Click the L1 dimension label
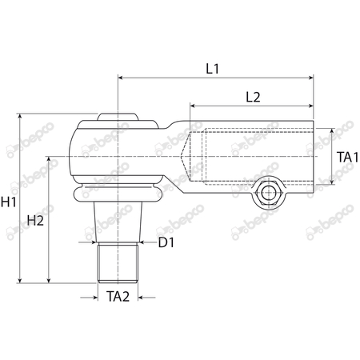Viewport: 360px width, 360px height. point(212,69)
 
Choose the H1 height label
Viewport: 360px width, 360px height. point(9,202)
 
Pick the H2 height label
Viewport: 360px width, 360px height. point(35,220)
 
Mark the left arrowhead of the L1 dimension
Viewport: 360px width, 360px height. point(122,78)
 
